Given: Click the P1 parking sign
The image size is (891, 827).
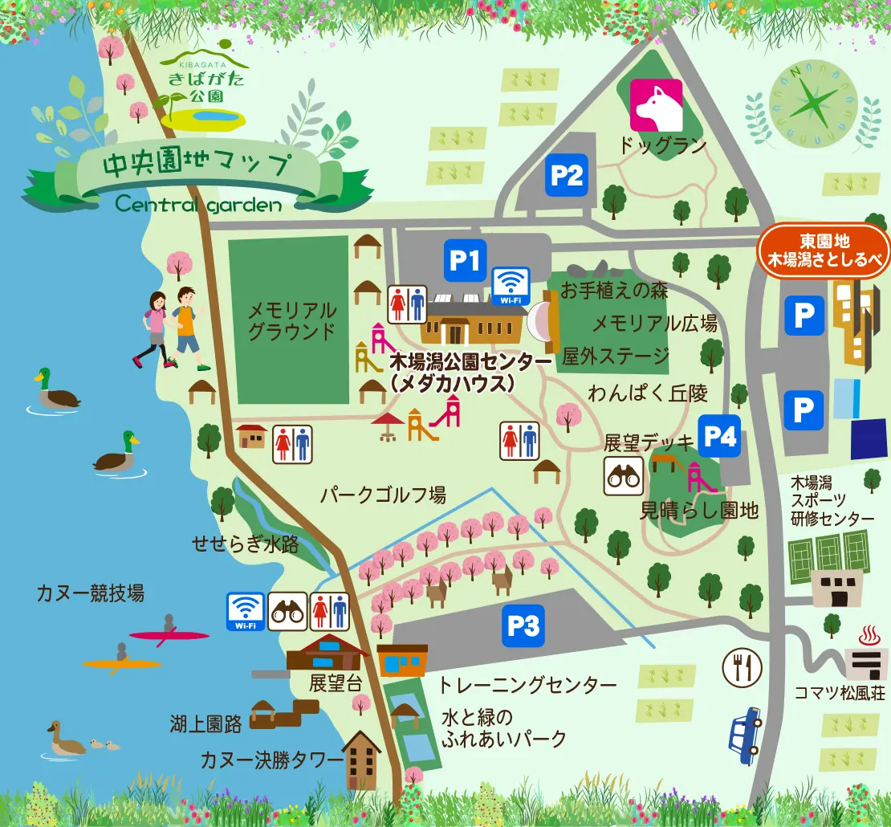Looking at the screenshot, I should coord(465,260).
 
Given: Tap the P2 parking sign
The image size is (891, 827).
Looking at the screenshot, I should coord(568,174).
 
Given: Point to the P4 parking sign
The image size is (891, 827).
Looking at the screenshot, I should coord(718,435).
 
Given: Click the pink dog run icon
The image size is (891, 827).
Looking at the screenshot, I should coord(656,105).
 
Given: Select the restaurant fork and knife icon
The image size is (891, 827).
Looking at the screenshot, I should coord(742,666).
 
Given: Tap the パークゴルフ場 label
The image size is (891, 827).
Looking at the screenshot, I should coord(383,495).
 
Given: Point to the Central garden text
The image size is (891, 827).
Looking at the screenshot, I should coord(198,204).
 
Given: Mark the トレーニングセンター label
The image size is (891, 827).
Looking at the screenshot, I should coord(527,685).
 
